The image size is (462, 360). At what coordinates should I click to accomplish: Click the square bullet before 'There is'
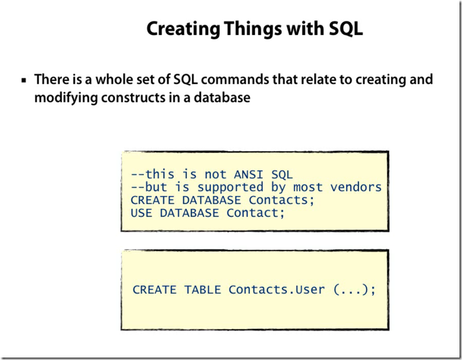(24, 80)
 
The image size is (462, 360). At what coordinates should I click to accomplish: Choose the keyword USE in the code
(142, 213)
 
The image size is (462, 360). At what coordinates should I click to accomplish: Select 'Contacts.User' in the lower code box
(277, 289)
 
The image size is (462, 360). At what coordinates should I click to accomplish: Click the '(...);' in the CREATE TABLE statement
(354, 289)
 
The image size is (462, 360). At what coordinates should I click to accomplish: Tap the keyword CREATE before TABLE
(155, 289)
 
